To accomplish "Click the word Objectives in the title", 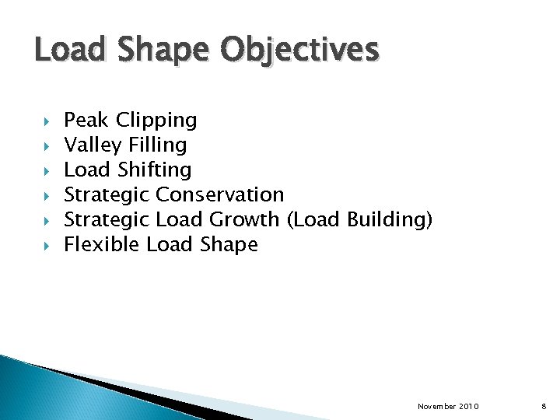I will [299, 51].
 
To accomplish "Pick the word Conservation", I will [220, 194].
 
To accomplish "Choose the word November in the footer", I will [437, 407].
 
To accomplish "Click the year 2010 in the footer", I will [469, 407].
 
